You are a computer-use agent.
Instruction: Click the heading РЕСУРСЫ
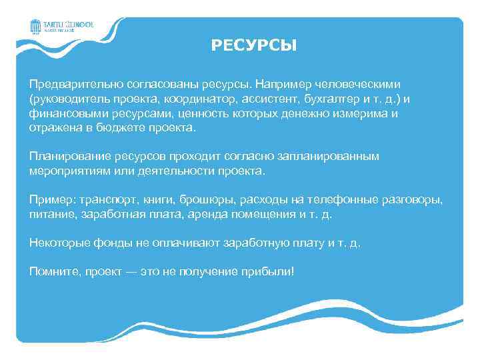tap(254, 46)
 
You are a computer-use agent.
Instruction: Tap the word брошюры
tap(196, 199)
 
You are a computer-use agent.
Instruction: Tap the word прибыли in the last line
tap(265, 271)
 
